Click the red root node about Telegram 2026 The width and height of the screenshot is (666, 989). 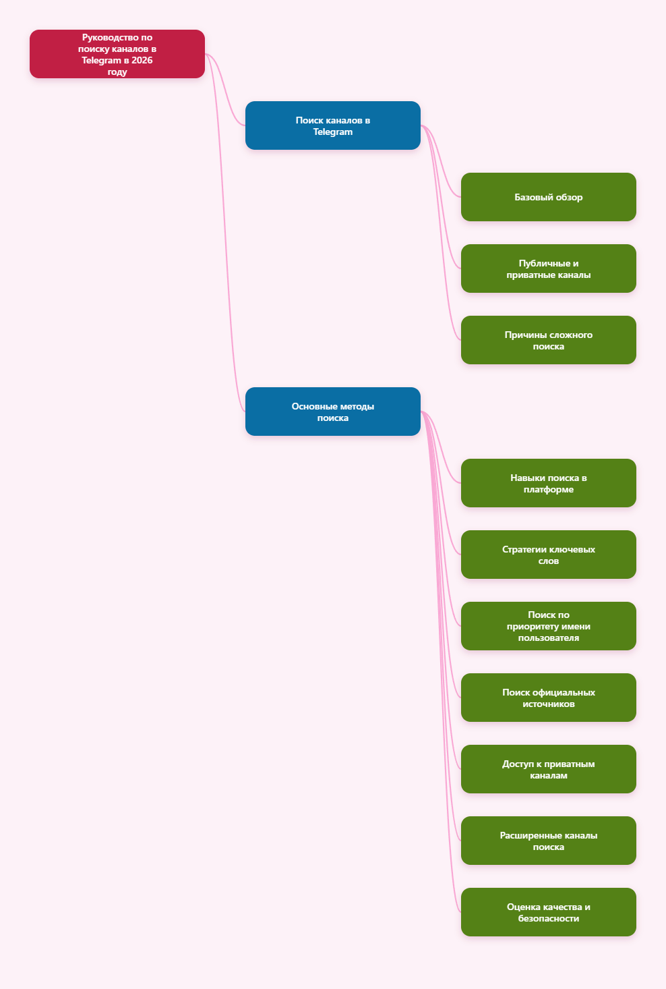pyautogui.click(x=117, y=54)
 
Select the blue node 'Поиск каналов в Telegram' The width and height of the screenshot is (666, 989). pyautogui.click(x=332, y=125)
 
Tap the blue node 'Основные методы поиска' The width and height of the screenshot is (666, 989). pyautogui.click(x=332, y=412)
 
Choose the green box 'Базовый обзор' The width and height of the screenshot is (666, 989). pyautogui.click(x=548, y=197)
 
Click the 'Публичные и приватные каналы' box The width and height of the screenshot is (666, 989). pyautogui.click(x=548, y=269)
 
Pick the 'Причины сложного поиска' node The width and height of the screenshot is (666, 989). pyautogui.click(x=548, y=340)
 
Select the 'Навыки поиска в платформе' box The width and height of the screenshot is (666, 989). pyautogui.click(x=548, y=483)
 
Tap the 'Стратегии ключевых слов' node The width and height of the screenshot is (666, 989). pyautogui.click(x=548, y=555)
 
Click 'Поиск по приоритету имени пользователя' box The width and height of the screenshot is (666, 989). pyautogui.click(x=548, y=626)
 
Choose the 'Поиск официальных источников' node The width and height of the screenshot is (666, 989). pyautogui.click(x=548, y=698)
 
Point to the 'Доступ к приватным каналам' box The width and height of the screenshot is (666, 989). pyautogui.click(x=548, y=769)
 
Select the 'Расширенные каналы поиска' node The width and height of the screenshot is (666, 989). pyautogui.click(x=548, y=841)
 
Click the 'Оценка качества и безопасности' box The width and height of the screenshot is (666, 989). pyautogui.click(x=548, y=912)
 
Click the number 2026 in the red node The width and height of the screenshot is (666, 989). pyautogui.click(x=142, y=60)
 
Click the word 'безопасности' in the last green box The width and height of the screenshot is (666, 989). pyautogui.click(x=548, y=918)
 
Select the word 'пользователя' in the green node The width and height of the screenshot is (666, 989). pyautogui.click(x=548, y=638)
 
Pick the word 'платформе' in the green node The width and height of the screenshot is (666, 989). pyautogui.click(x=548, y=490)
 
